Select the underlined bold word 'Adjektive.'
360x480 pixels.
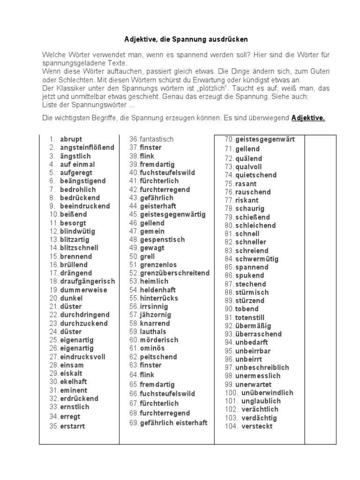click(x=308, y=118)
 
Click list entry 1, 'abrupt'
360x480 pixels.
click(x=71, y=139)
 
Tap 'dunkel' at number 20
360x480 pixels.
click(x=71, y=298)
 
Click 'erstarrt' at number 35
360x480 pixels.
click(x=73, y=426)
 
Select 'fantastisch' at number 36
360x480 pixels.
click(x=157, y=139)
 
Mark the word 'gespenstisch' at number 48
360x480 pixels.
click(x=162, y=239)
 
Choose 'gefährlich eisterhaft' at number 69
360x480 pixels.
click(x=173, y=423)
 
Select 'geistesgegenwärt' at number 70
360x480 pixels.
click(x=265, y=139)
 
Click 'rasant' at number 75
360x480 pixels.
click(x=246, y=183)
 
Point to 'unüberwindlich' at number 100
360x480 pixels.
click(x=267, y=392)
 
